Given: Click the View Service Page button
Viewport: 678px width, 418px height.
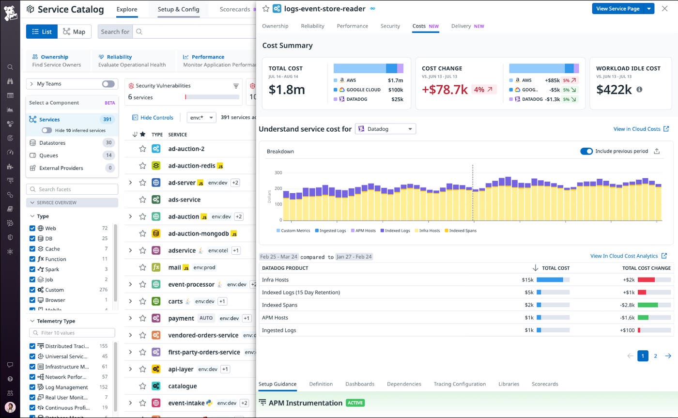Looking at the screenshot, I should (x=618, y=9).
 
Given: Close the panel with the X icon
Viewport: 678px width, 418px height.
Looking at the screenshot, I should (x=664, y=9).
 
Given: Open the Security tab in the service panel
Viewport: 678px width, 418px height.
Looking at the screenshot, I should (x=390, y=26).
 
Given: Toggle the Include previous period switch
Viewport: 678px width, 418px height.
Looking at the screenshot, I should (x=586, y=151).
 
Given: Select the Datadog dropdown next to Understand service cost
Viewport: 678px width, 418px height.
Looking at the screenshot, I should (x=385, y=129).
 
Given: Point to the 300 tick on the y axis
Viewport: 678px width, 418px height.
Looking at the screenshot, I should (x=278, y=172).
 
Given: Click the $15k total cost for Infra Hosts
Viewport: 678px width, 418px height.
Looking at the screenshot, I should (x=527, y=279).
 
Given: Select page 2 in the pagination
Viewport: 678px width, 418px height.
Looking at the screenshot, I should (x=655, y=356).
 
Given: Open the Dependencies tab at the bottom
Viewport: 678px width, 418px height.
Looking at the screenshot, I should (x=404, y=384).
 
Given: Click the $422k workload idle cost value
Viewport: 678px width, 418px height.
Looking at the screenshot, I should (x=614, y=90).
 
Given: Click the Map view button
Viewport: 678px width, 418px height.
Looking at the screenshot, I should (x=75, y=31).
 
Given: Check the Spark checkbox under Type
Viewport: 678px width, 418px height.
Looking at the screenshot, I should (x=32, y=269).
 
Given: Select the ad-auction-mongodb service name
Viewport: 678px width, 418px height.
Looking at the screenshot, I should (x=198, y=233).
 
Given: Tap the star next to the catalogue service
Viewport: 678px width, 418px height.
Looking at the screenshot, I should (x=142, y=386).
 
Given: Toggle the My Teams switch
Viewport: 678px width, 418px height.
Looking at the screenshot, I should (x=108, y=84).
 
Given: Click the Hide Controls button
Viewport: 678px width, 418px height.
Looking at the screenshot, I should (x=153, y=117).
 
